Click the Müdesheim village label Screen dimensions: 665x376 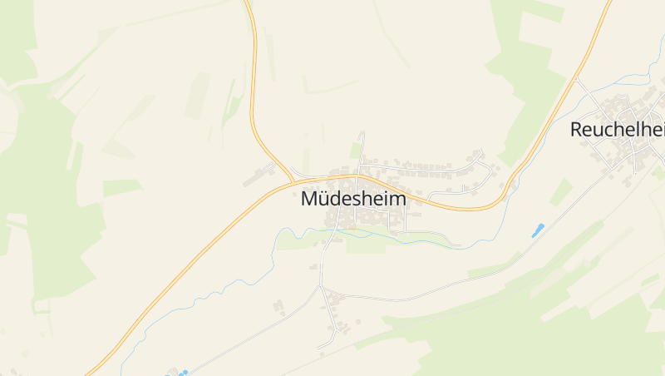(353, 200)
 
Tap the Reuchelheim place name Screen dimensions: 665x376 (618, 130)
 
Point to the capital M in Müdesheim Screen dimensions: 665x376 (309, 200)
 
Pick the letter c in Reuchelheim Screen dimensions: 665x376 (607, 130)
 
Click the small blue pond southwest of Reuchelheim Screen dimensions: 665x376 (538, 230)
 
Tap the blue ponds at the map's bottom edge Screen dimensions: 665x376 (179, 373)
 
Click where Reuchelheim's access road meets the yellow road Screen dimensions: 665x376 (575, 79)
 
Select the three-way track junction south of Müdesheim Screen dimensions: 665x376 (320, 287)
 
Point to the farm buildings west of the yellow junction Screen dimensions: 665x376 (259, 176)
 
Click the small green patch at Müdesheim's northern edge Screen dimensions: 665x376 (356, 150)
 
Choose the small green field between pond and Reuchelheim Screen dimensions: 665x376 (561, 192)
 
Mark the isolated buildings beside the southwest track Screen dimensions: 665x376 (278, 308)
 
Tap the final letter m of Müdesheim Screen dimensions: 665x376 (399, 200)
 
